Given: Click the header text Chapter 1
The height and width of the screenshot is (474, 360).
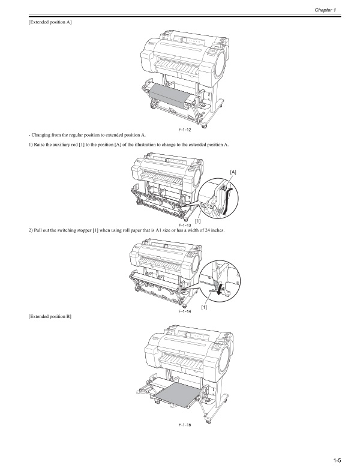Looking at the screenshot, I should point(340,10).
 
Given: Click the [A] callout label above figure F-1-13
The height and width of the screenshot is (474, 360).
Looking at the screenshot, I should point(233,172).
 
